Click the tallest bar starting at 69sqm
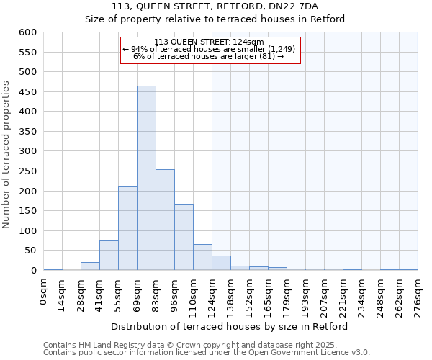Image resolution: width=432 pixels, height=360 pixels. coord(146,178)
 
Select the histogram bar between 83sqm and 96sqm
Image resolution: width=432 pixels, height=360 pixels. coord(165,220)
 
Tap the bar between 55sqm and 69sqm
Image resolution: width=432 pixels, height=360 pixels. coord(127,228)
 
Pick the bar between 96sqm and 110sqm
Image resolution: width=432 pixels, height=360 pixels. coord(184,238)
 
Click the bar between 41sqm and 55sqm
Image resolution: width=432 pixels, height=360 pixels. coord(109,256)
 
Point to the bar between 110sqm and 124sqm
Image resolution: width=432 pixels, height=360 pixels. coord(202,258)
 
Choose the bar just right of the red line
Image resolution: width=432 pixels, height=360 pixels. coord(221,264)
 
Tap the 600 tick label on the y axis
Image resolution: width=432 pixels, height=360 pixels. coord(27,32)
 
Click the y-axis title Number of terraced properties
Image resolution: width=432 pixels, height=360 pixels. coord(7,155)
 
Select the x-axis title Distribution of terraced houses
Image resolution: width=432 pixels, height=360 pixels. coord(230,326)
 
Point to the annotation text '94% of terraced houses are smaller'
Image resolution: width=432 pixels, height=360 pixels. coord(209,49)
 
